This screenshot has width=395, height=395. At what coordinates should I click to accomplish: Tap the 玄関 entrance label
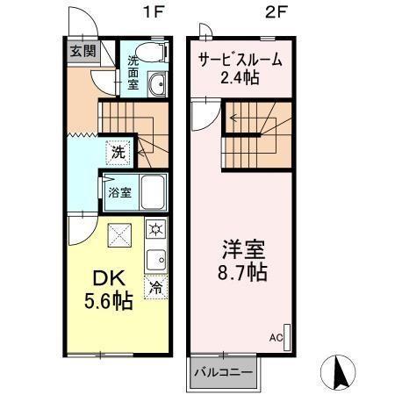84,51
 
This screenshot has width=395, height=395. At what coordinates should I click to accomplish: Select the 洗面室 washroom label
133,74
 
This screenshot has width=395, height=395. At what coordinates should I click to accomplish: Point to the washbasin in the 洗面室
159,85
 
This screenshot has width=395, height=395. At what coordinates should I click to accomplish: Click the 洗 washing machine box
118,150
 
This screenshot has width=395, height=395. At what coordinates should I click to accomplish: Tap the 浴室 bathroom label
119,190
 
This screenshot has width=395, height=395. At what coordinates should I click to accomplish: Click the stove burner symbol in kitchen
155,230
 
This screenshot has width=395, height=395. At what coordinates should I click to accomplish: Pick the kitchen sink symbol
155,260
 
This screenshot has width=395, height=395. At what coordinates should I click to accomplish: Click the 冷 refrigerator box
155,286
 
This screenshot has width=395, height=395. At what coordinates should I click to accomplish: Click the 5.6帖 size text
110,302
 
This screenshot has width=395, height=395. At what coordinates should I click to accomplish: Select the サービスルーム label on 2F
239,61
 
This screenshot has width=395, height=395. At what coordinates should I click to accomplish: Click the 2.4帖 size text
240,80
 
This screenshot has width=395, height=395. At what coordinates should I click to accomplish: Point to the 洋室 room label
242,248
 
